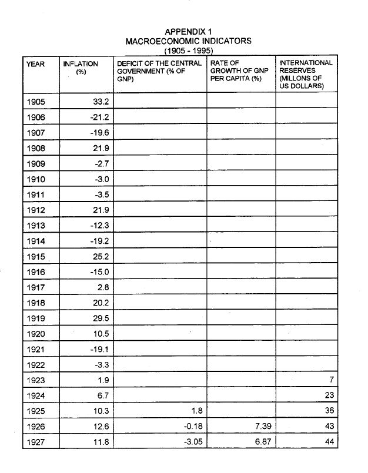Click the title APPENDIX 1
[x=188, y=32]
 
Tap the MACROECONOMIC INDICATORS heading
[x=188, y=41]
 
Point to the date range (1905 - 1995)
[x=188, y=51]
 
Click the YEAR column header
[x=35, y=63]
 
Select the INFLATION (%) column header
[x=81, y=67]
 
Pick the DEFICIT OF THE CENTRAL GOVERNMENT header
[x=159, y=71]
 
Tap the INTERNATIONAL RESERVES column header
[x=306, y=74]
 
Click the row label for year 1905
[x=36, y=102]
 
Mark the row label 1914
[x=36, y=241]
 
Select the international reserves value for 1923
[x=332, y=380]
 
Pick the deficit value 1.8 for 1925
[x=196, y=411]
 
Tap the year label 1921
[x=36, y=349]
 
